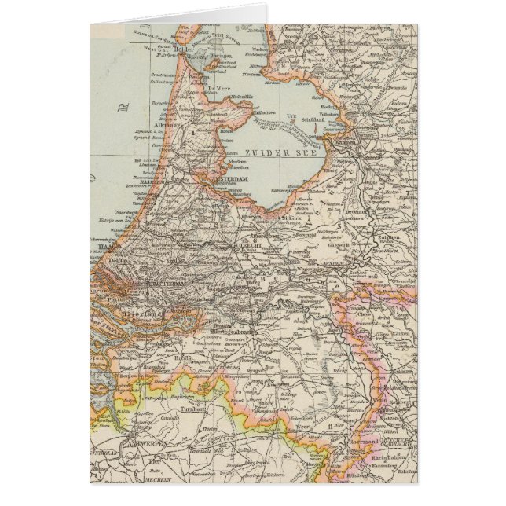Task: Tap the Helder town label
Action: [183, 49]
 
